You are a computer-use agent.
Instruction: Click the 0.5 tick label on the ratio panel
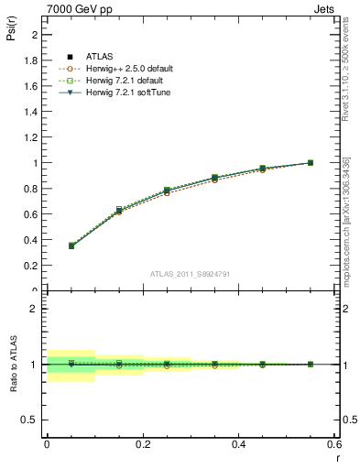[x=30, y=420]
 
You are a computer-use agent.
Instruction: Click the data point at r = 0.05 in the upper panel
[x=47, y=245]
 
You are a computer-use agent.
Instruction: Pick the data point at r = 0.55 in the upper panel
[x=311, y=163]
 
